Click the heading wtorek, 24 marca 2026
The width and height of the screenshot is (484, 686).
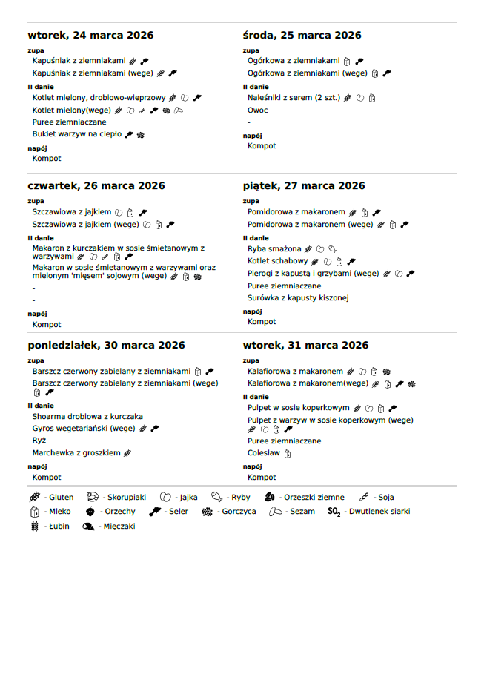pos(90,36)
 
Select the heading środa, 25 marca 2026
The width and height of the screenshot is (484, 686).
pos(302,36)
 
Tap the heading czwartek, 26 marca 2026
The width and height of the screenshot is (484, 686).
pos(96,186)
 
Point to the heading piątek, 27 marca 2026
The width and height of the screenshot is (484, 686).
pos(304,186)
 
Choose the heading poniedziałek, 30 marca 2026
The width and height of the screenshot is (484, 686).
pos(106,346)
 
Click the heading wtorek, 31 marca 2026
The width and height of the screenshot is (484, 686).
pos(305,346)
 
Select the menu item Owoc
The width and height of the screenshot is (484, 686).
pos(257,111)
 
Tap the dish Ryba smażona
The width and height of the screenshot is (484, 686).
pos(274,249)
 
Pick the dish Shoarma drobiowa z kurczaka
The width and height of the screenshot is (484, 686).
pos(87,417)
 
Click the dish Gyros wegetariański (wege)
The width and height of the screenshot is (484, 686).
pos(84,429)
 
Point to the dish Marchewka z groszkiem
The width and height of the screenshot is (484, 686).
pos(76,453)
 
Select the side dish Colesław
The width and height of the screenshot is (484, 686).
pos(263,453)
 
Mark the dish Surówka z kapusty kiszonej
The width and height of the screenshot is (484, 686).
pos(298,298)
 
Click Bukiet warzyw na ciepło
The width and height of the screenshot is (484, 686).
pos(77,134)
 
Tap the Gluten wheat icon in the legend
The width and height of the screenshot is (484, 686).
pos(34,498)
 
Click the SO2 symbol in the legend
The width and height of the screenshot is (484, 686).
pos(334,512)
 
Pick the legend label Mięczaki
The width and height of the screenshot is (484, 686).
pos(119,527)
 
